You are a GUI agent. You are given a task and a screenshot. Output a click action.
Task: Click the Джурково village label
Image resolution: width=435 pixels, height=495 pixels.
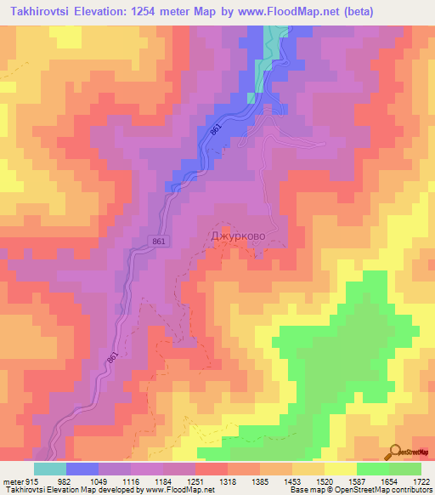(238, 233)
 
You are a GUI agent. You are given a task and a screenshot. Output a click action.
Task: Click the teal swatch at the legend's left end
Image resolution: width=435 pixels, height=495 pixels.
(50, 469)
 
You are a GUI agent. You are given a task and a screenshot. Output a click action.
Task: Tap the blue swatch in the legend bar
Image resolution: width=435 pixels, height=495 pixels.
(82, 469)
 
